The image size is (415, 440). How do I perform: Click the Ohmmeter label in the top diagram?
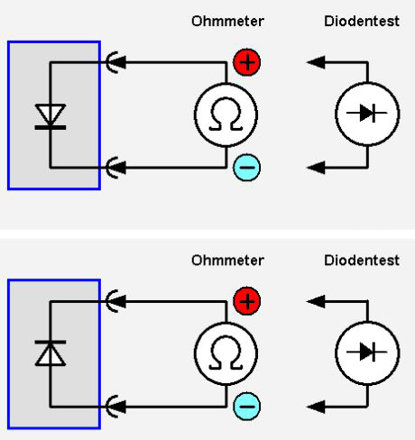pyautogui.click(x=227, y=22)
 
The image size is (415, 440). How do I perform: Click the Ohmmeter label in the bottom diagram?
pyautogui.click(x=227, y=261)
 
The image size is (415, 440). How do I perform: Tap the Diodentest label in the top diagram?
pyautogui.click(x=362, y=22)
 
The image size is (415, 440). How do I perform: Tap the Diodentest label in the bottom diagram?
pyautogui.click(x=362, y=261)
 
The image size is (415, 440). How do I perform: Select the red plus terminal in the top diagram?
pyautogui.click(x=247, y=62)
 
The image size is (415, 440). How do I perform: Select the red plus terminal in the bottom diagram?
pyautogui.click(x=247, y=301)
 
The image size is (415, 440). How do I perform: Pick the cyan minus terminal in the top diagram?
pyautogui.click(x=247, y=167)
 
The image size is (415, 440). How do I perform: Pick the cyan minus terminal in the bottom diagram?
pyautogui.click(x=247, y=406)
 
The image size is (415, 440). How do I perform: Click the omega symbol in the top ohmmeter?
pyautogui.click(x=226, y=115)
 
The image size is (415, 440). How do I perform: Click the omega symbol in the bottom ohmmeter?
pyautogui.click(x=226, y=353)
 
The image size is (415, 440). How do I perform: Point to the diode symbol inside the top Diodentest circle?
pyautogui.click(x=367, y=113)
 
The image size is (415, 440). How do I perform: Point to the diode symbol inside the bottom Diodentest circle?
pyautogui.click(x=367, y=352)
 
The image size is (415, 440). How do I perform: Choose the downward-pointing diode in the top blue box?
pyautogui.click(x=51, y=116)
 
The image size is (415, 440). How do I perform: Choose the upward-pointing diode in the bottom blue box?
pyautogui.click(x=51, y=353)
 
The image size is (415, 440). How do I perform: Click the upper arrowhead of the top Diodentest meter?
pyautogui.click(x=316, y=62)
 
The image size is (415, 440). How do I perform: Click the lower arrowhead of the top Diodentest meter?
pyautogui.click(x=316, y=167)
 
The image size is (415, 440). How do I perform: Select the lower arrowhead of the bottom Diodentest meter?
pyautogui.click(x=316, y=407)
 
